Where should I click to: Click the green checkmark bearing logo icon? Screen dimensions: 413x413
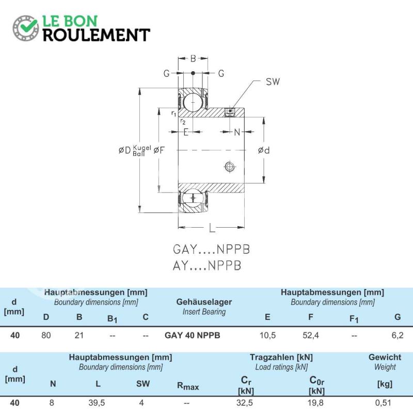pyautogui.click(x=25, y=28)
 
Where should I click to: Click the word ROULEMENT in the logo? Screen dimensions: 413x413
pyautogui.click(x=97, y=35)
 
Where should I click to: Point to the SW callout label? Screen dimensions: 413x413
pyautogui.click(x=273, y=82)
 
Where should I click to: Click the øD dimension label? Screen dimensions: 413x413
pyautogui.click(x=124, y=150)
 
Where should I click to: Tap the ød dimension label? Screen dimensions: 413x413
pyautogui.click(x=264, y=150)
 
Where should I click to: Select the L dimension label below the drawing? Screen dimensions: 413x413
pyautogui.click(x=212, y=228)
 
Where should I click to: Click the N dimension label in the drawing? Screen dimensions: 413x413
pyautogui.click(x=237, y=132)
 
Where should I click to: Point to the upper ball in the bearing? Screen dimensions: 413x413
pyautogui.click(x=193, y=102)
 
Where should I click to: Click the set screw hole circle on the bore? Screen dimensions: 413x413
pyautogui.click(x=230, y=166)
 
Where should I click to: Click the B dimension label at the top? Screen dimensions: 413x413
pyautogui.click(x=193, y=58)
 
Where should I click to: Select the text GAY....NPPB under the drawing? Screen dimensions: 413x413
pyautogui.click(x=211, y=249)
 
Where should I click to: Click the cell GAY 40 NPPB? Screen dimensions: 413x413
pyautogui.click(x=192, y=335)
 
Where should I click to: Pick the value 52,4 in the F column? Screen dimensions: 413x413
pyautogui.click(x=311, y=335)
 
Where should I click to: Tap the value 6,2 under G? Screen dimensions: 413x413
pyautogui.click(x=398, y=335)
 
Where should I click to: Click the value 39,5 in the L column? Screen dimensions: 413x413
pyautogui.click(x=97, y=403)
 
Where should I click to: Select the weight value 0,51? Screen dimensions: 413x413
pyautogui.click(x=383, y=403)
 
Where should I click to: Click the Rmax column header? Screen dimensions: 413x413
pyautogui.click(x=188, y=386)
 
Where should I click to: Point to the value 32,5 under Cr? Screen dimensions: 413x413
pyautogui.click(x=245, y=403)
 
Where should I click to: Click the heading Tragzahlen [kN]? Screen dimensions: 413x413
pyautogui.click(x=281, y=357)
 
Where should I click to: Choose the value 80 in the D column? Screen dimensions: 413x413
pyautogui.click(x=46, y=335)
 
